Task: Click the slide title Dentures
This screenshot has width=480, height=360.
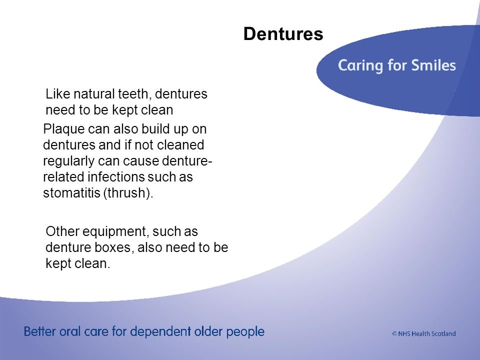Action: (283, 33)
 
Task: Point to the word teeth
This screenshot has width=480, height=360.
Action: (135, 94)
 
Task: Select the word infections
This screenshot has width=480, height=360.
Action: (116, 176)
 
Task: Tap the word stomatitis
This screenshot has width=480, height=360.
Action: (71, 193)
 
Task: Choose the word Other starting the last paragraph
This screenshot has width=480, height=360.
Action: (62, 231)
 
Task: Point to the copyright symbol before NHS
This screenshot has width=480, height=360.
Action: (394, 333)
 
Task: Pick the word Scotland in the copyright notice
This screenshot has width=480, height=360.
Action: (443, 333)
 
